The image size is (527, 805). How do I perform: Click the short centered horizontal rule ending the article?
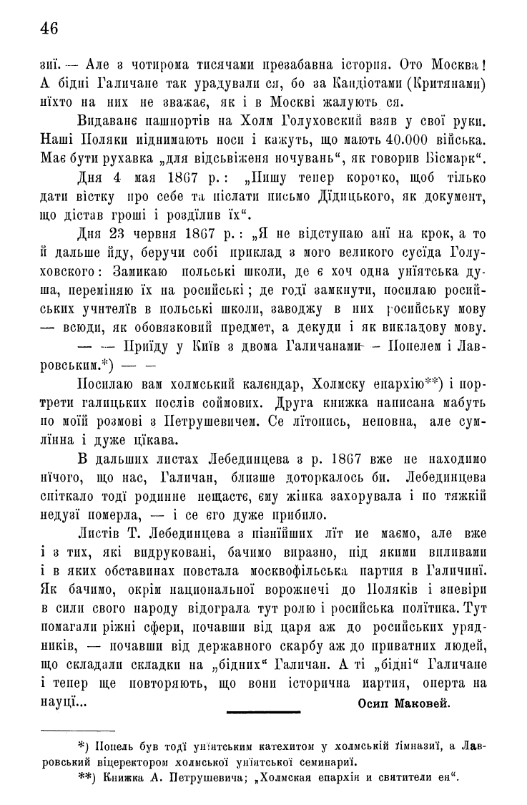(263, 712)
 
